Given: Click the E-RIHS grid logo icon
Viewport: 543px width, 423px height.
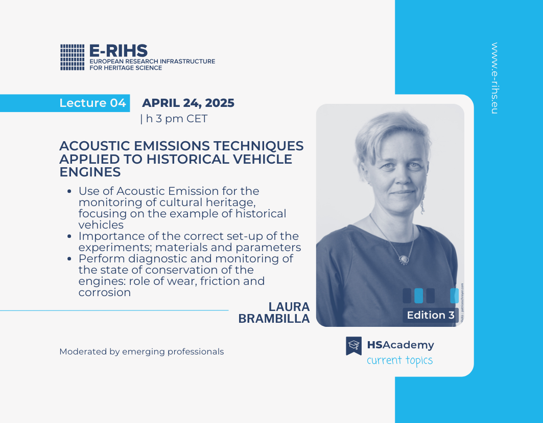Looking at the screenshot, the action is pyautogui.click(x=73, y=57).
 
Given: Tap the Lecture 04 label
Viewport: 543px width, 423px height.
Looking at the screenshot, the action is pyautogui.click(x=92, y=103).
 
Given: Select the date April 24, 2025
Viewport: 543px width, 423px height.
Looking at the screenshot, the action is pyautogui.click(x=188, y=103).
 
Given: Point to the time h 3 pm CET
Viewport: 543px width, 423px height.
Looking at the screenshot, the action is pyautogui.click(x=177, y=119).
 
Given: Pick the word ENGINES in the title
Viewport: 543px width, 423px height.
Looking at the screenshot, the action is pyautogui.click(x=90, y=172).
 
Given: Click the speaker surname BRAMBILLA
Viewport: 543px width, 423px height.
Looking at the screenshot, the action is pyautogui.click(x=274, y=319).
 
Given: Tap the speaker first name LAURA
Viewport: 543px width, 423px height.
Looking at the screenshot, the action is pyautogui.click(x=289, y=307).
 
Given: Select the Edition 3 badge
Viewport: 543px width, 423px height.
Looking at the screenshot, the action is pyautogui.click(x=431, y=315).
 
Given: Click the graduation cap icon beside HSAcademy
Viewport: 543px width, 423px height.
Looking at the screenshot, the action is pyautogui.click(x=353, y=346).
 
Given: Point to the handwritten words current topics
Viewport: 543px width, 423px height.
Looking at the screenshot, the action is pyautogui.click(x=399, y=361).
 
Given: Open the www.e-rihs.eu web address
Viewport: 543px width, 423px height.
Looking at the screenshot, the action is pyautogui.click(x=494, y=78).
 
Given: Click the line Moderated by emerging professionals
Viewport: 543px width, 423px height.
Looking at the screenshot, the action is pyautogui.click(x=141, y=351).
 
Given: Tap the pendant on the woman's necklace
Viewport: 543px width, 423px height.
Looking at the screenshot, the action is pyautogui.click(x=404, y=259).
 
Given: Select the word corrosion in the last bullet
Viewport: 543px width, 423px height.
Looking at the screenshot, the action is pyautogui.click(x=105, y=293).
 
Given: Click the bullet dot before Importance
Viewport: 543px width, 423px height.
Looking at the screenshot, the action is pyautogui.click(x=69, y=236).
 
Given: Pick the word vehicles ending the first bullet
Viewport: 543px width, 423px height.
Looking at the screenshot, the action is pyautogui.click(x=101, y=225).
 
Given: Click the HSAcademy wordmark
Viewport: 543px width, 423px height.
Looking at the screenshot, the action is pyautogui.click(x=400, y=345).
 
